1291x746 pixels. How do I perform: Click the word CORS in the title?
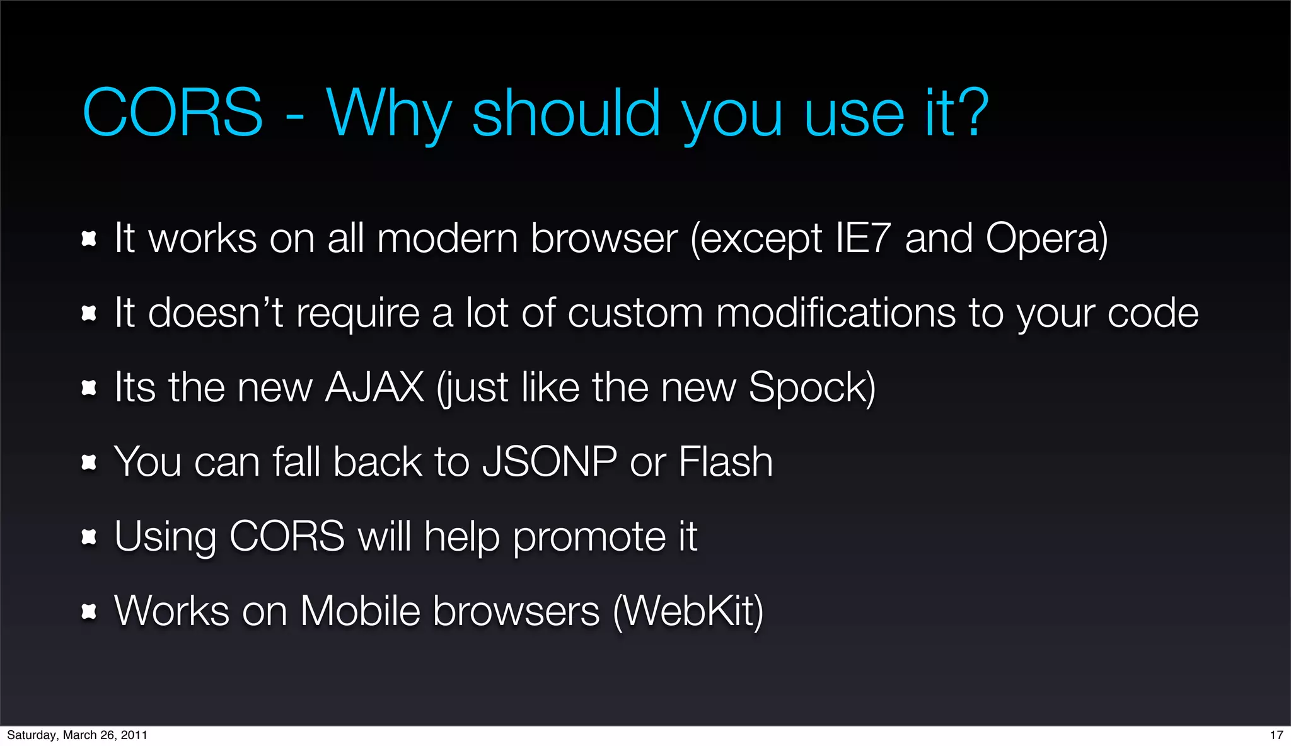(172, 113)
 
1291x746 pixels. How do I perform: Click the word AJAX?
(374, 387)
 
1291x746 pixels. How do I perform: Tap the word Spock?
(808, 387)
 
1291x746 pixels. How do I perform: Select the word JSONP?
(549, 461)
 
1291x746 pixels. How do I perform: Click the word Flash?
(726, 461)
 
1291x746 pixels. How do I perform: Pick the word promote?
(589, 537)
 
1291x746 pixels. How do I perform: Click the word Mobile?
(360, 611)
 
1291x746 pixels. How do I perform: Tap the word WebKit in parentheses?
(688, 611)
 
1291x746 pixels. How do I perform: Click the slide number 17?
(1276, 735)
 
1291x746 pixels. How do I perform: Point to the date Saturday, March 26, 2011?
(77, 735)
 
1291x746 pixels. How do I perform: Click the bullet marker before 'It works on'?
(89, 239)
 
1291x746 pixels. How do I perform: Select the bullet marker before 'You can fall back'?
(89, 463)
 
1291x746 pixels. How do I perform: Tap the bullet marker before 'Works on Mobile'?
(89, 611)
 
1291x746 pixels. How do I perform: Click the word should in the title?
(566, 113)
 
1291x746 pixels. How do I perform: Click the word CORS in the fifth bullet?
(287, 537)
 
